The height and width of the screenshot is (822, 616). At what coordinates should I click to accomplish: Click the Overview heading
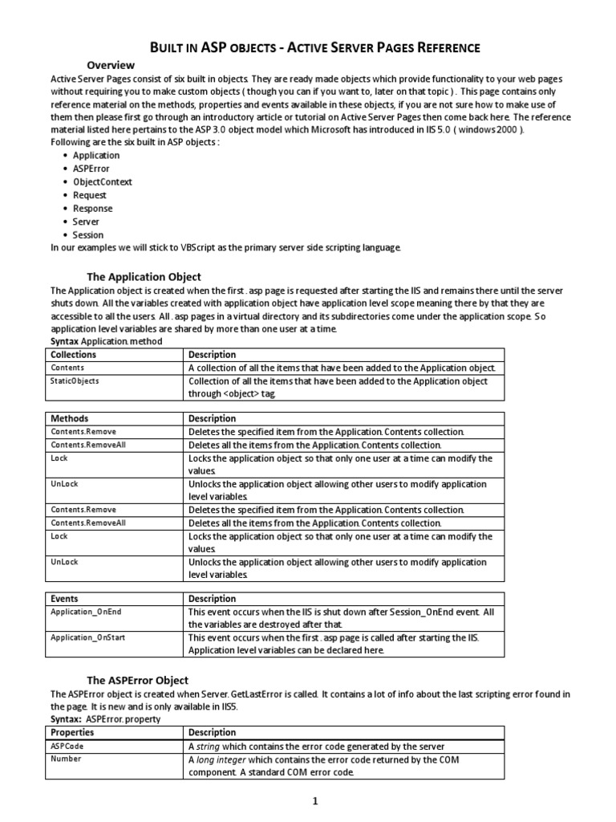pos(111,65)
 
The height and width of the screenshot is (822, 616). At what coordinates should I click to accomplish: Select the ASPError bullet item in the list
pos(91,169)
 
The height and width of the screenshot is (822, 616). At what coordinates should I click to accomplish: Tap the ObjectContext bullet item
pos(102,181)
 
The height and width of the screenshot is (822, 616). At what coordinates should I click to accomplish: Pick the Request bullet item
pos(89,195)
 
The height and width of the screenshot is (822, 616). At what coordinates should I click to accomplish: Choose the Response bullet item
pos(92,208)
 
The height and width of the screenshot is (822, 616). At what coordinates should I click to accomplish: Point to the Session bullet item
pos(88,234)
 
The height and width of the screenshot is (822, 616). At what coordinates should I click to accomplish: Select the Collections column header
pos(73,355)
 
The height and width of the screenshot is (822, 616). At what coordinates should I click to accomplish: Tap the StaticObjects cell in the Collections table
pos(75,381)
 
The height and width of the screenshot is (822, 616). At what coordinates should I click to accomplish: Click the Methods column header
pos(70,418)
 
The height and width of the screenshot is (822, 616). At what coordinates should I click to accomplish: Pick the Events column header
pos(65,599)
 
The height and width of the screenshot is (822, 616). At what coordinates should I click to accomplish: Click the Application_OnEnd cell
pos(86,612)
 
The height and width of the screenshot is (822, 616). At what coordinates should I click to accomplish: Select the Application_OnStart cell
pos(88,637)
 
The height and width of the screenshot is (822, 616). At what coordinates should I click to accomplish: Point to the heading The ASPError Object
pos(137,680)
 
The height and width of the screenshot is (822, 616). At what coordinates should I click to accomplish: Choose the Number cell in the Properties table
pos(66,759)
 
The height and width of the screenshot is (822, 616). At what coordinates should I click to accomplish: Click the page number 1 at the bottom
pos(316,800)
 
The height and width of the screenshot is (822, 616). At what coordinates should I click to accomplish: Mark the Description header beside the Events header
pos(212,599)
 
